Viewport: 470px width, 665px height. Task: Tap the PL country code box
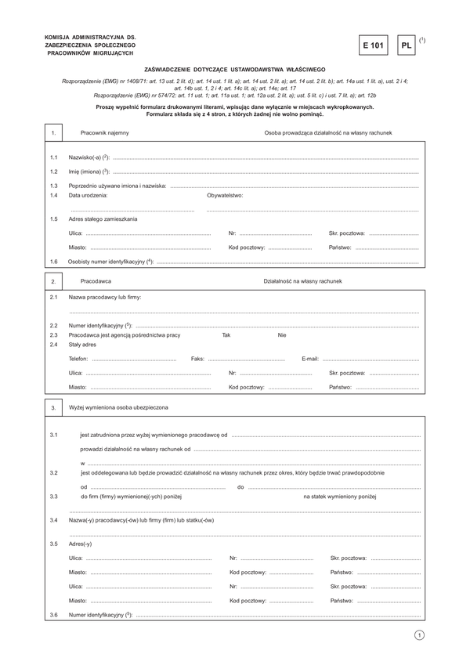[406, 46]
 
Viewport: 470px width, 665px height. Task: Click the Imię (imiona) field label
[88, 172]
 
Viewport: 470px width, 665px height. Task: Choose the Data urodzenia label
[88, 195]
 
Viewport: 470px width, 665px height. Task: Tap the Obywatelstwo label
[225, 195]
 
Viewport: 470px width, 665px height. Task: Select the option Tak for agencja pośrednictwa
[226, 334]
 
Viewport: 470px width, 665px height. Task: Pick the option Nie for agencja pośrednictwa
[282, 334]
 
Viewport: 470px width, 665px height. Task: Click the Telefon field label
[78, 359]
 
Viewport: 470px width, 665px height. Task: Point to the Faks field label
[197, 359]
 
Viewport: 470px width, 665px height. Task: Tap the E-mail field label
[310, 359]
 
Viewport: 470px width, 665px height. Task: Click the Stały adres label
[82, 345]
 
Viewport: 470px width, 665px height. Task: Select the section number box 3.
[53, 408]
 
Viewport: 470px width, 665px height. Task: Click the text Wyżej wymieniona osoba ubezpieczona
[118, 407]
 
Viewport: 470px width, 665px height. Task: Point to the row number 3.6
[53, 615]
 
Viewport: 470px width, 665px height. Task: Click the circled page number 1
[420, 635]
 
